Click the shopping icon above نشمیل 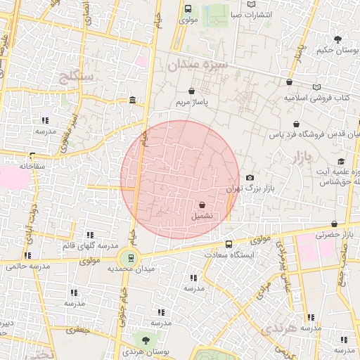point(202,205)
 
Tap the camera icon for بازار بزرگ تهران point(250,178)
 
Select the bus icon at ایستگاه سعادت point(229,244)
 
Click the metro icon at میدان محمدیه point(129,258)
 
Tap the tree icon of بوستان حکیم point(338,39)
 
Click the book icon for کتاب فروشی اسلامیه point(316,85)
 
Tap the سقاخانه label point(17,165)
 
